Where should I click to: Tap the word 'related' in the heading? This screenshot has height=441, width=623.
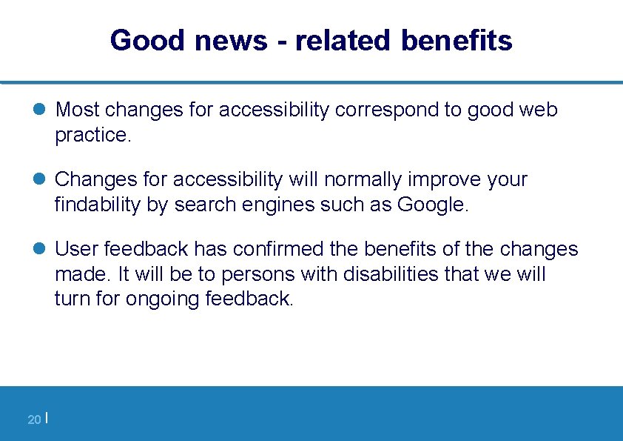(342, 40)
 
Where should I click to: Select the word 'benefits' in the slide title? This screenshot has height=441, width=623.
(457, 40)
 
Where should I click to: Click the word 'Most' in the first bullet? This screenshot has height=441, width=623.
(78, 110)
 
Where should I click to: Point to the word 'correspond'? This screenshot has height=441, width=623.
(386, 110)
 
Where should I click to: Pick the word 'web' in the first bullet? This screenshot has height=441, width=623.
(539, 110)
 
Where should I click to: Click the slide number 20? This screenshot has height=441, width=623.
(33, 420)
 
